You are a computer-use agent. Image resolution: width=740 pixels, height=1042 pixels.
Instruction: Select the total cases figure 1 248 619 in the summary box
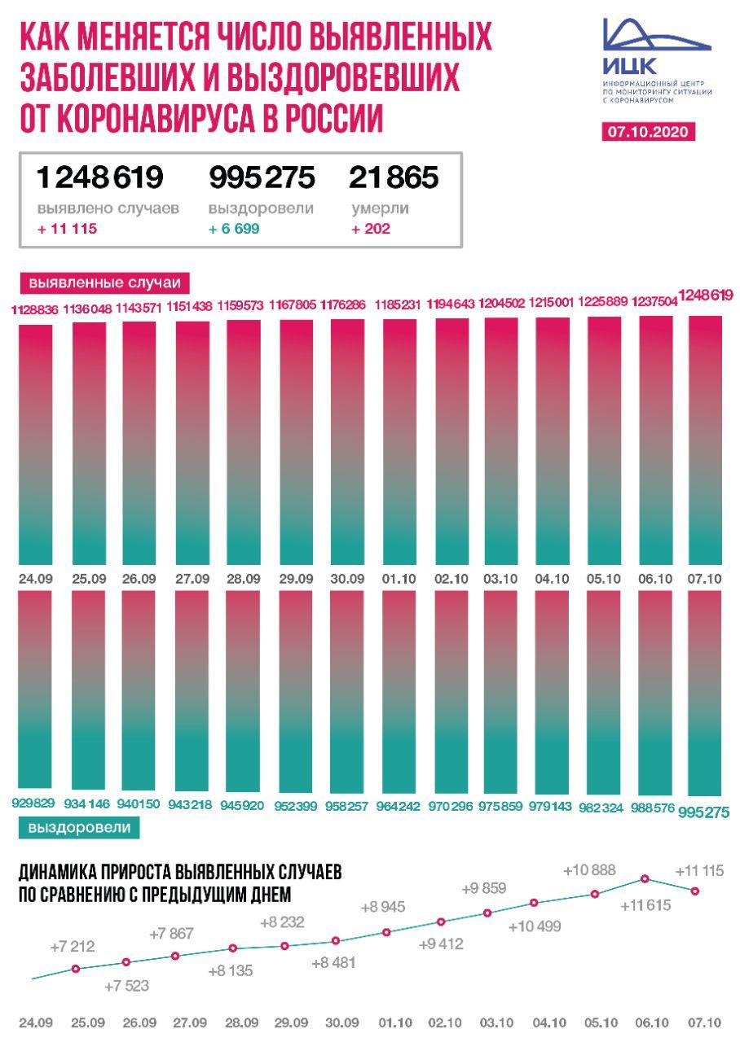[100, 177]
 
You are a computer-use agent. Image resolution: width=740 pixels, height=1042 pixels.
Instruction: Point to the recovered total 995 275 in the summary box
[262, 177]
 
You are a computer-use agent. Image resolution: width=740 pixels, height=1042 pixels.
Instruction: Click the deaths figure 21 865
[394, 177]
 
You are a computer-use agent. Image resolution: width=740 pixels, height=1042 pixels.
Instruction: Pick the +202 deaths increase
[371, 229]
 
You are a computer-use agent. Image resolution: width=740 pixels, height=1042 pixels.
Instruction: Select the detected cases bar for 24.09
[36, 444]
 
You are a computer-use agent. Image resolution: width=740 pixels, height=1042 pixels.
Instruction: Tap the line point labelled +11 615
[645, 878]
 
